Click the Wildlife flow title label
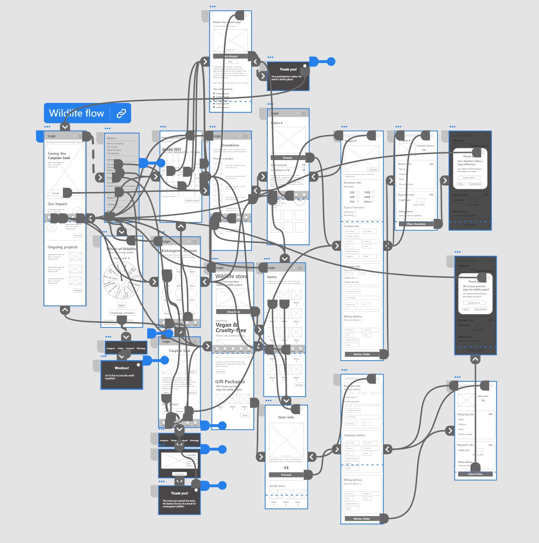76,113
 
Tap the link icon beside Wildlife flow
121,113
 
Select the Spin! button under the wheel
122,305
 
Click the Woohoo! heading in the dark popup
122,368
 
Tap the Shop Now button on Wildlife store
233,312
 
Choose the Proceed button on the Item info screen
286,475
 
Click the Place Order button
475,474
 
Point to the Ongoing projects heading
63,247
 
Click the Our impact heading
58,204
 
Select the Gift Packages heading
230,381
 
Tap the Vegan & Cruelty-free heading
231,327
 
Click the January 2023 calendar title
171,149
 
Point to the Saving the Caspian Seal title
59,156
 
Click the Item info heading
286,417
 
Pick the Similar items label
277,486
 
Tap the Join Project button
231,56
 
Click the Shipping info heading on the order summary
465,415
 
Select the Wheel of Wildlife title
121,249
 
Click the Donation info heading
352,183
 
